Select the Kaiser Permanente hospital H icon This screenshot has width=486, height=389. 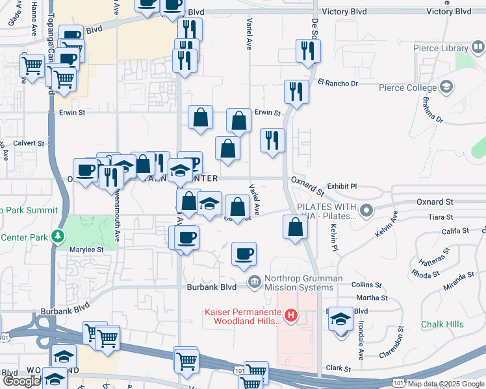[291, 316]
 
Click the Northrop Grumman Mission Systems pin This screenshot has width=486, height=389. [254, 281]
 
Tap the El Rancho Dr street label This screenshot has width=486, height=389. [338, 83]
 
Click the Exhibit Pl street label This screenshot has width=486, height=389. [342, 186]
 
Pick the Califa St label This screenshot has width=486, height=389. [455, 231]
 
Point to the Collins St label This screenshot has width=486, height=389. [366, 285]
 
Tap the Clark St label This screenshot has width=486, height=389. [339, 368]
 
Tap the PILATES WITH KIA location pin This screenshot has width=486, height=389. [367, 210]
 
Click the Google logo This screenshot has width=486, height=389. [22, 381]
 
